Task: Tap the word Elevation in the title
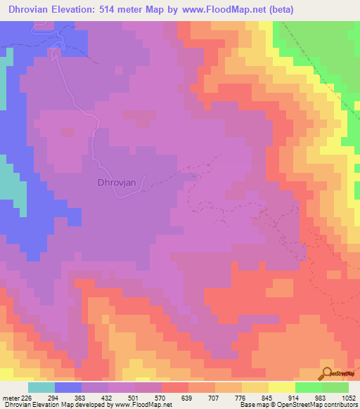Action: point(78,9)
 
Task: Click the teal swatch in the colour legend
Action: point(41,387)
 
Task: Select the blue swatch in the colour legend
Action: point(68,387)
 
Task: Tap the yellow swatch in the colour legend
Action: point(282,387)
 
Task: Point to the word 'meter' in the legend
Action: point(11,398)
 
